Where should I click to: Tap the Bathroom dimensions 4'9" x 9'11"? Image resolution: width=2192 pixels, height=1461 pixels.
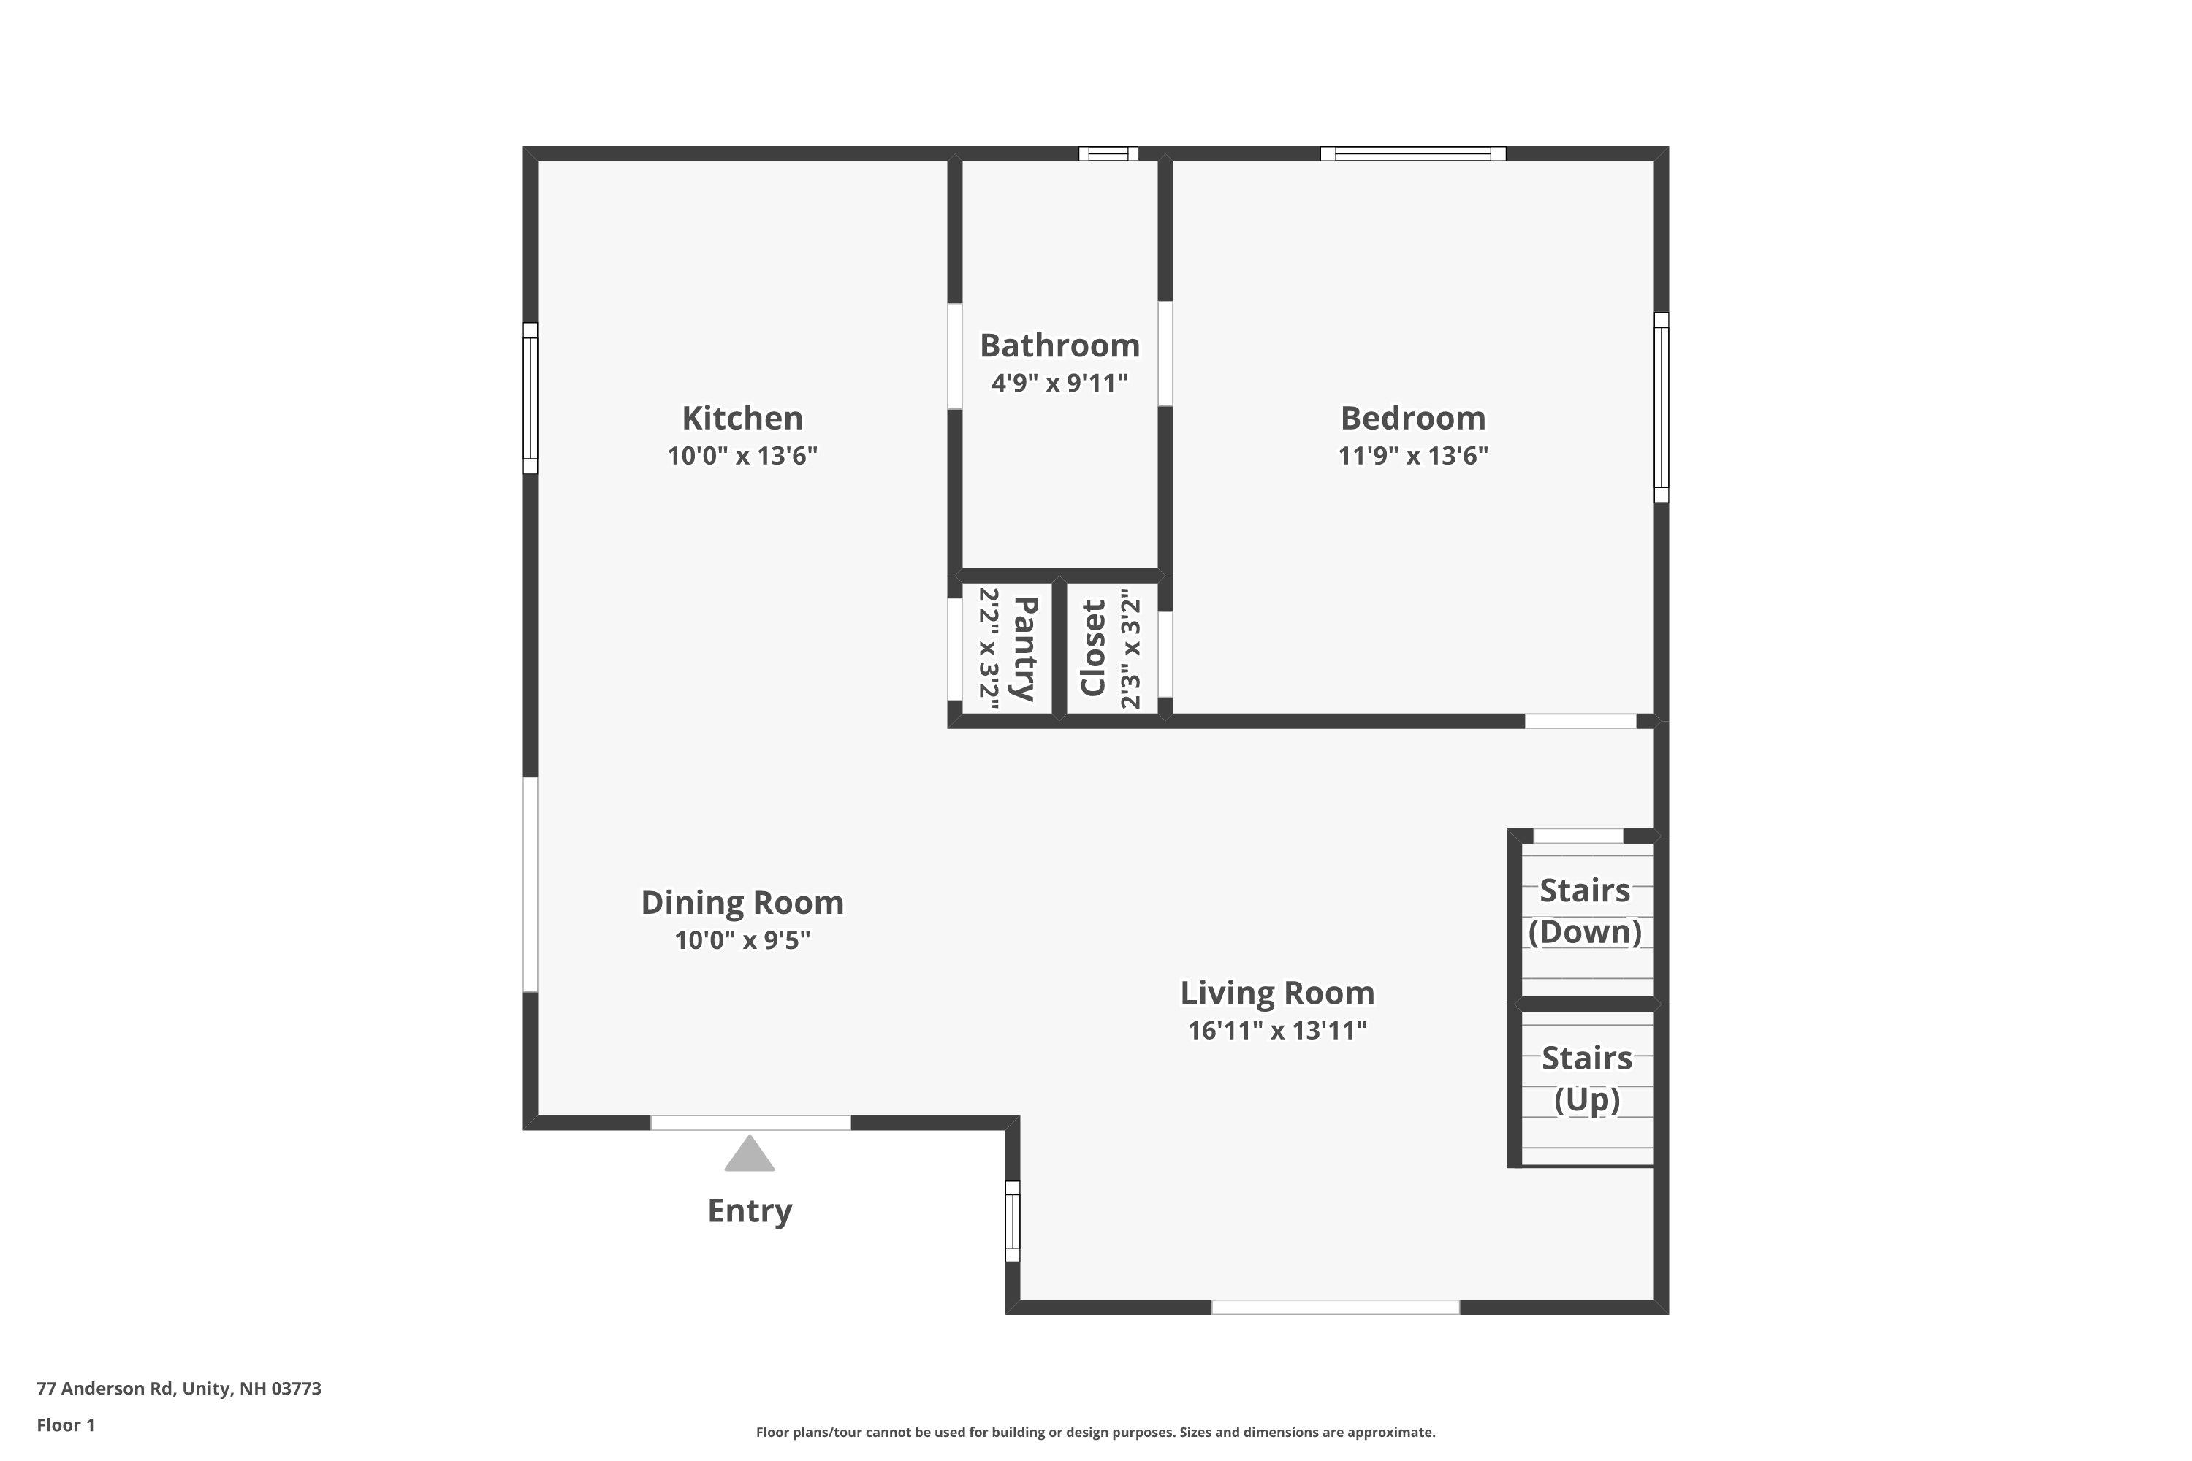tap(1059, 383)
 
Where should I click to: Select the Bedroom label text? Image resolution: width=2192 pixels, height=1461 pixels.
tap(1413, 419)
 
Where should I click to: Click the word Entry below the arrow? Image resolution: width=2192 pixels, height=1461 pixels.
tap(750, 1211)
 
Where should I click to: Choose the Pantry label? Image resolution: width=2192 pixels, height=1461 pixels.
tap(1024, 649)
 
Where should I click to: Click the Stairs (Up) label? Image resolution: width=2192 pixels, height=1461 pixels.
tap(1586, 1079)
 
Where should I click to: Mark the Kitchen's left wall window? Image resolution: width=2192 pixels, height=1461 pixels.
tap(530, 398)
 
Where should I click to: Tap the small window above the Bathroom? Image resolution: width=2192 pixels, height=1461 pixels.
tap(1108, 153)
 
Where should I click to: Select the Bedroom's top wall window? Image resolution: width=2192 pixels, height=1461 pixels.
tap(1413, 153)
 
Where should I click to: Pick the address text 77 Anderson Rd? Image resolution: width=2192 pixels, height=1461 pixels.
tap(105, 1389)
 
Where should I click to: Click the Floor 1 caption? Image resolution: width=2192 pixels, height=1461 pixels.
tap(66, 1424)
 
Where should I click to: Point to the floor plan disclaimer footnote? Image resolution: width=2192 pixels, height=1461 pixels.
tap(1095, 1432)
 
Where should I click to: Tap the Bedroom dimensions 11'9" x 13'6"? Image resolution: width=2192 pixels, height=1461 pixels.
tap(1413, 456)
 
